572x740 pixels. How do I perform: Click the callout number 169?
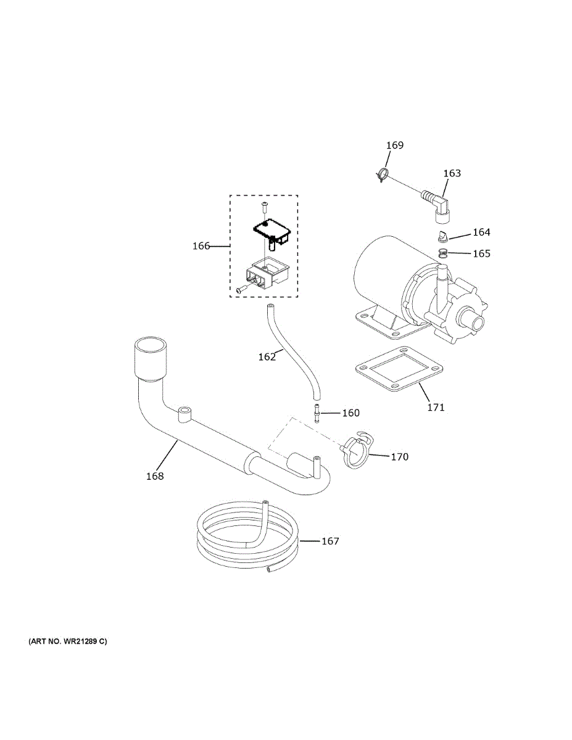(x=395, y=146)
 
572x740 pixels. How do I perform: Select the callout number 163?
(x=452, y=173)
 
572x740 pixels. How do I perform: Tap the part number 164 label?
(x=481, y=232)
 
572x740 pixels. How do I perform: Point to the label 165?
(x=481, y=253)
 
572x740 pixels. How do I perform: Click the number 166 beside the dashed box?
(x=201, y=246)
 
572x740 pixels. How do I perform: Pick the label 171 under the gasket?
(x=435, y=407)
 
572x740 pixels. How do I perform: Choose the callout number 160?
(x=350, y=413)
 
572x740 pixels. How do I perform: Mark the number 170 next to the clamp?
(x=399, y=457)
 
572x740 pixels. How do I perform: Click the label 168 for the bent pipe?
(x=155, y=476)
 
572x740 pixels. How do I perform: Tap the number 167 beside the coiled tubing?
(x=330, y=541)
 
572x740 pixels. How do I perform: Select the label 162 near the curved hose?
(x=267, y=356)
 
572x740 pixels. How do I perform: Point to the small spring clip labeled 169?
(x=383, y=175)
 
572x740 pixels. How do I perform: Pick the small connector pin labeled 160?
(x=317, y=412)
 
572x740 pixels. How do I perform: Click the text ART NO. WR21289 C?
(x=67, y=641)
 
